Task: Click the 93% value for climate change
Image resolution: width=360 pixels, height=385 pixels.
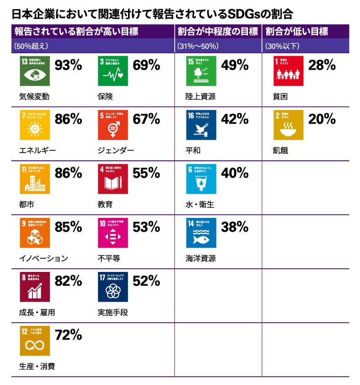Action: [68, 65]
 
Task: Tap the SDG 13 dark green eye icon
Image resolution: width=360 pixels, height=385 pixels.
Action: [34, 71]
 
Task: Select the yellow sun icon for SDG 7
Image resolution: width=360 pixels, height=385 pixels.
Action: [34, 125]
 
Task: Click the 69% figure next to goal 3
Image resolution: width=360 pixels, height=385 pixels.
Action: [146, 65]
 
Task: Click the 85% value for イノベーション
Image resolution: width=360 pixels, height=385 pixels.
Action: [68, 227]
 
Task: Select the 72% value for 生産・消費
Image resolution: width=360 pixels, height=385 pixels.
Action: [68, 335]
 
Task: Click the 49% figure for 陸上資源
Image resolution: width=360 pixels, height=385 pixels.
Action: [235, 65]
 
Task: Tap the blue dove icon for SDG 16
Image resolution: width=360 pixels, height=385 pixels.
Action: [201, 125]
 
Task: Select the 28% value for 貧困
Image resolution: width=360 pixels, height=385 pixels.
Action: [322, 65]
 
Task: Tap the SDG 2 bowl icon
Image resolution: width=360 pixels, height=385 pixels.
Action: [288, 125]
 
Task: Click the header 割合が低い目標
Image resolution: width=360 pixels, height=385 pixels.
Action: [296, 32]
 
